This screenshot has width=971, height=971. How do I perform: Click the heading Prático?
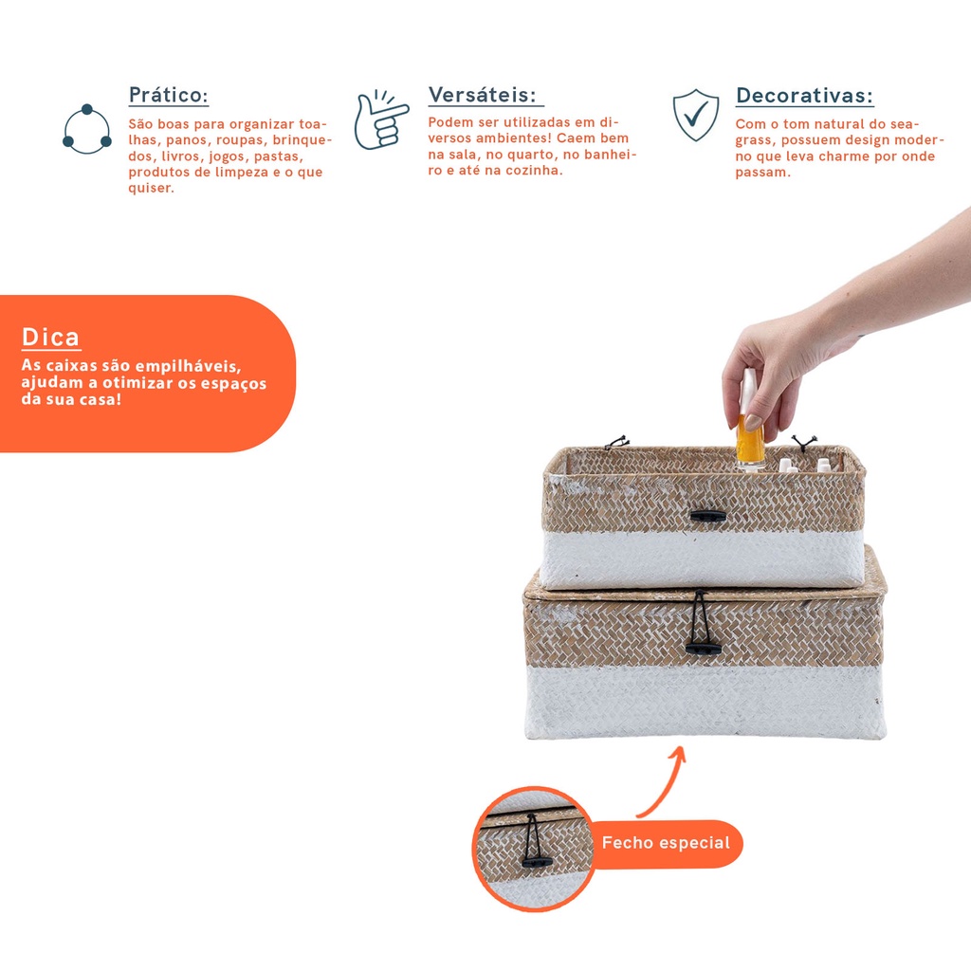click(x=169, y=96)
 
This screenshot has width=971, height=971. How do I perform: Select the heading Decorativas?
click(x=804, y=96)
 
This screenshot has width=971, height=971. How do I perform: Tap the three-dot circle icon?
click(x=86, y=129)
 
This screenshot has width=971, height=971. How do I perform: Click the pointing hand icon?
click(x=380, y=120)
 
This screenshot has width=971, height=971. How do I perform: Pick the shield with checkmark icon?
click(x=696, y=115)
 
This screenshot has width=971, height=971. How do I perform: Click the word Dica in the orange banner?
click(x=51, y=338)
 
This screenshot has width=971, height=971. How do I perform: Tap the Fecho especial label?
click(x=666, y=843)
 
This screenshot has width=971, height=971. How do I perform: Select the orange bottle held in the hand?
click(x=750, y=429)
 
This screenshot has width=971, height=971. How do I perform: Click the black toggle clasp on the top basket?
click(x=707, y=516)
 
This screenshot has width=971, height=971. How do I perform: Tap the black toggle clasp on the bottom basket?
click(x=703, y=649)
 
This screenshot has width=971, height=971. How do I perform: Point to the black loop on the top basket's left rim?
click(x=617, y=442)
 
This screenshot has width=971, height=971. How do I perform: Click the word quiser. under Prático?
click(x=151, y=189)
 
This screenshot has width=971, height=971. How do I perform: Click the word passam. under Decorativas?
click(x=763, y=173)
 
